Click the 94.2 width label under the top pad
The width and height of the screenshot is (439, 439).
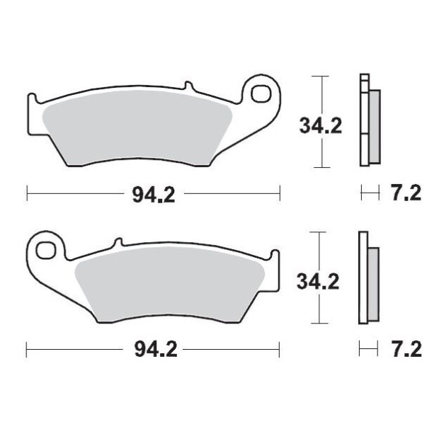click(154, 195)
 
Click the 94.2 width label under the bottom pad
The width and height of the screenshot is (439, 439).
click(156, 350)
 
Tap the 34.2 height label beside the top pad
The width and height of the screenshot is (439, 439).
click(321, 126)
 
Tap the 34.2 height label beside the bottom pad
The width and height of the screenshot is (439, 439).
click(318, 282)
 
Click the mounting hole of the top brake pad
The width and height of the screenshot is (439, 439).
click(261, 93)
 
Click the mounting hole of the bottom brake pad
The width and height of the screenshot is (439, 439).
click(45, 250)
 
